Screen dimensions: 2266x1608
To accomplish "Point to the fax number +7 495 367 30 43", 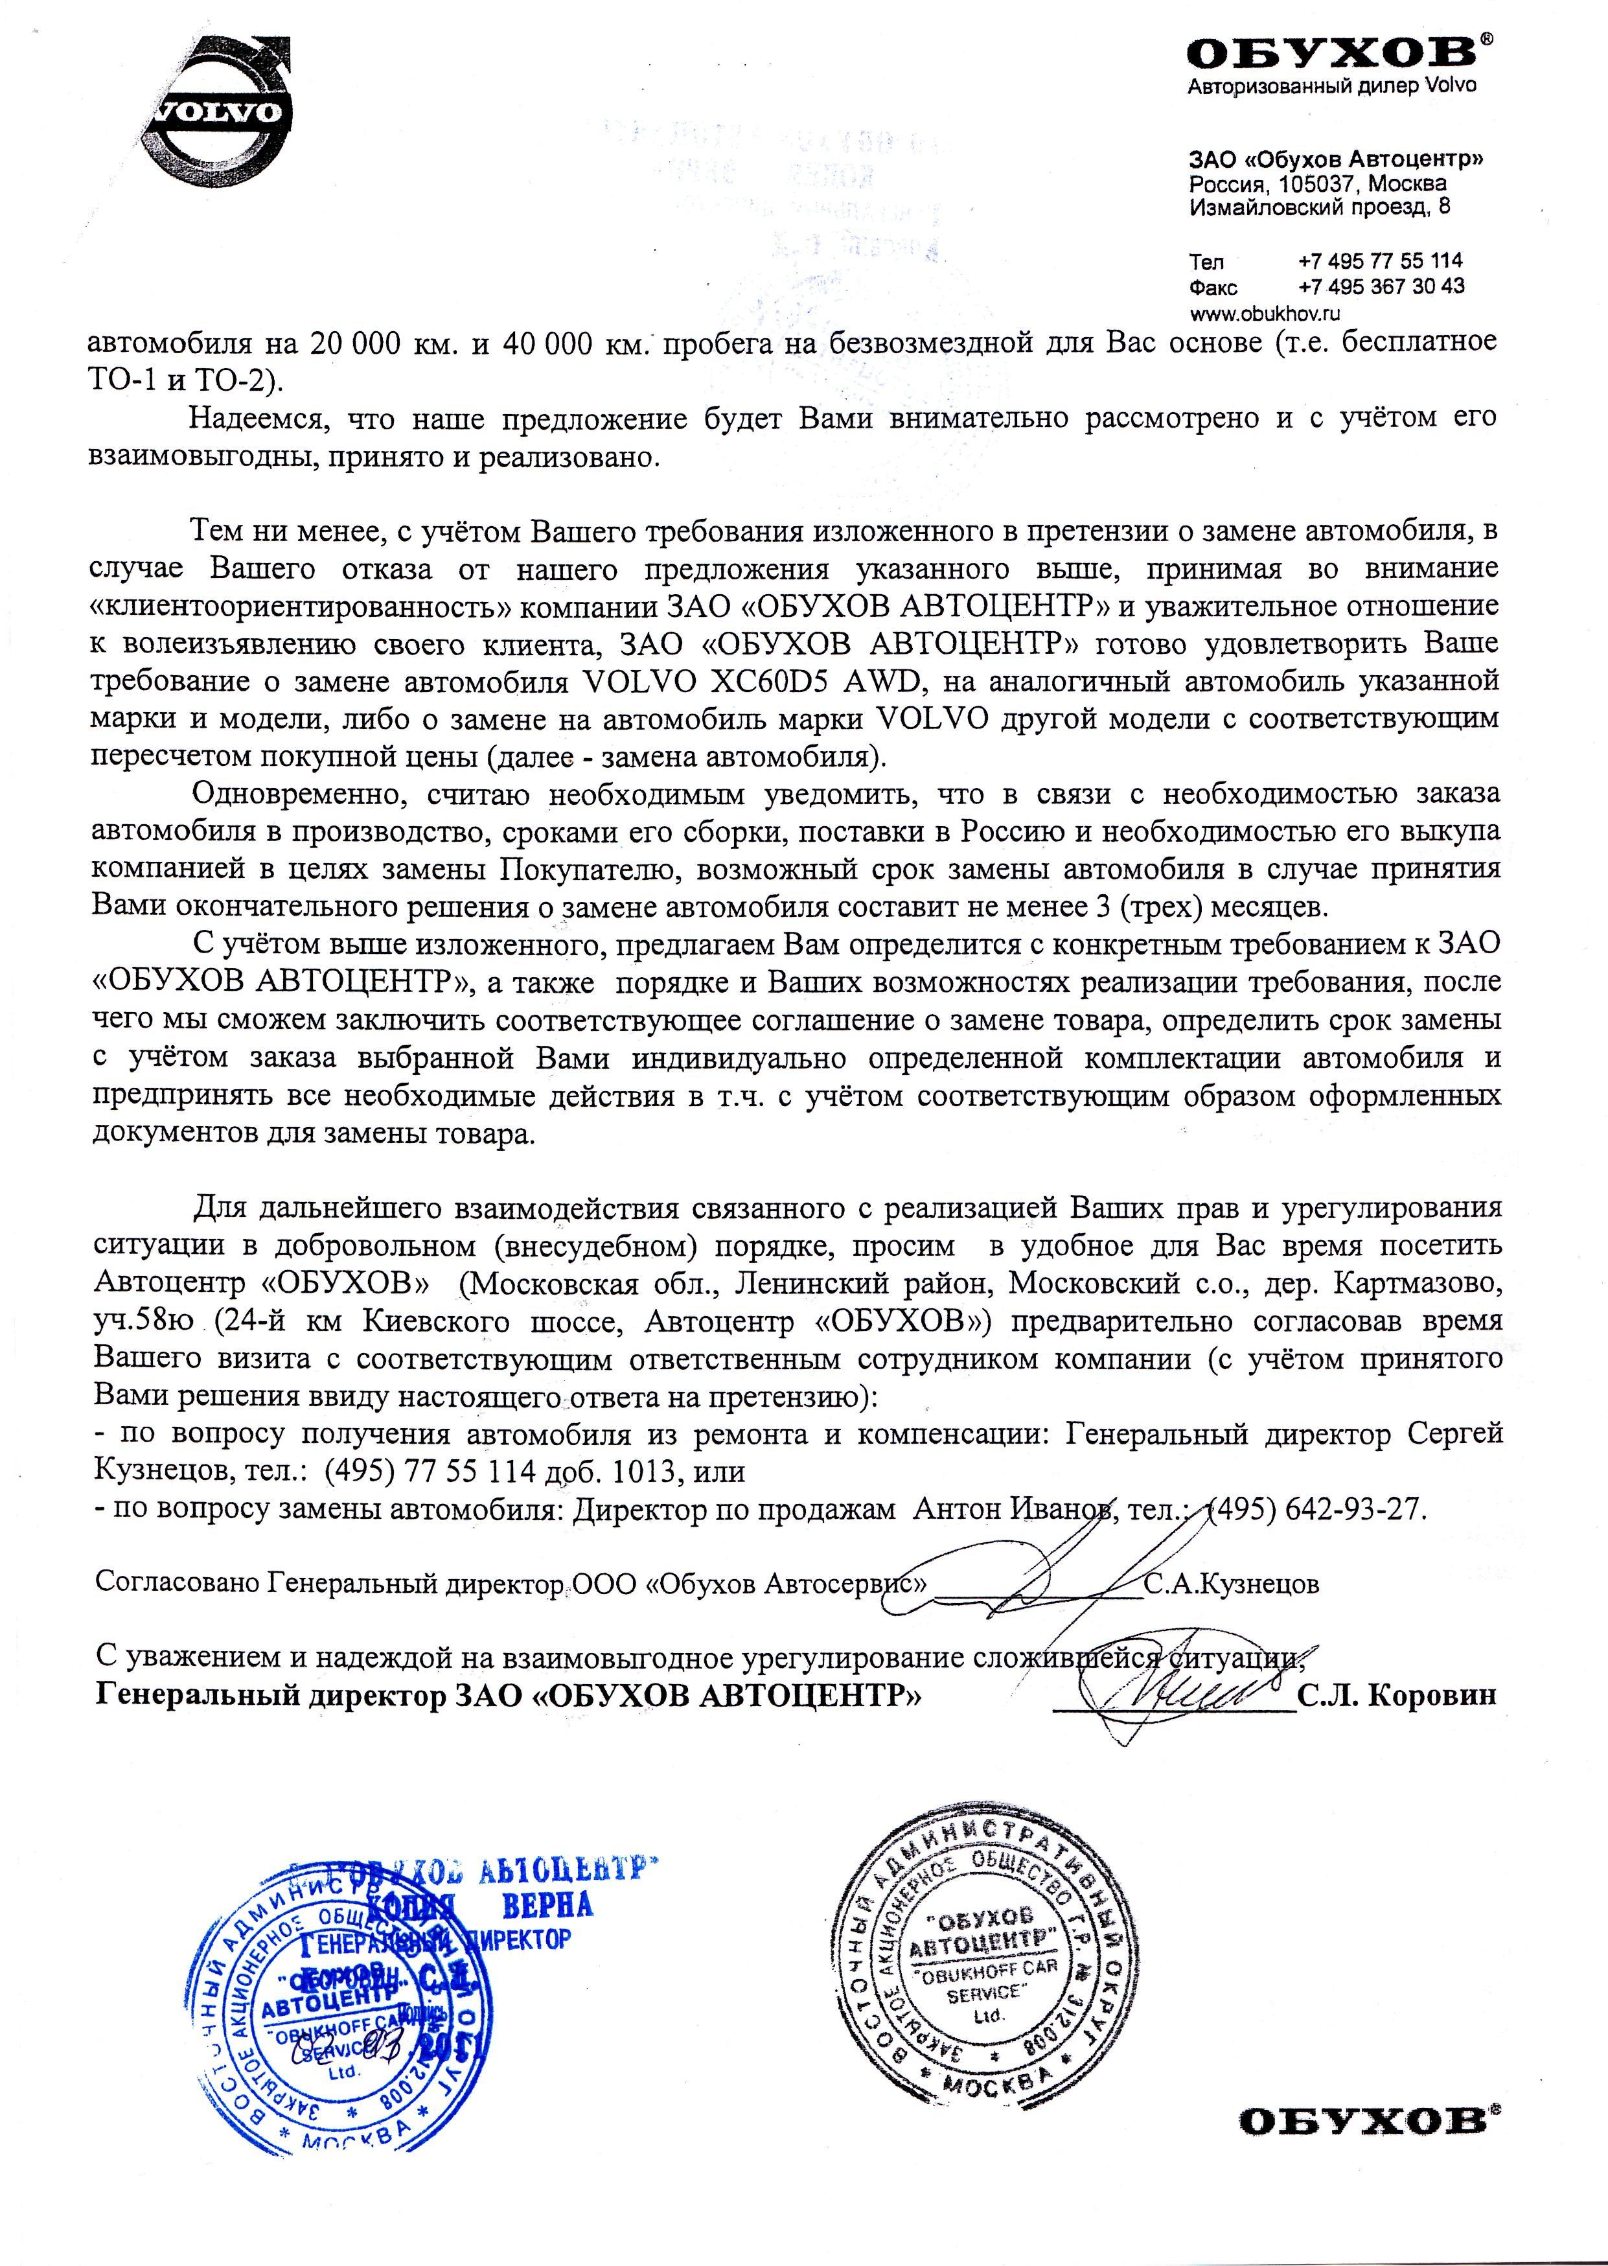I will point(1380,287).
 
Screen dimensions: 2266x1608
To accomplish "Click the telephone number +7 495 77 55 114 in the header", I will point(1379,262).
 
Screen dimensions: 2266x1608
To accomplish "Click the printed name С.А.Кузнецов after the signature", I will point(1231,1584).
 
